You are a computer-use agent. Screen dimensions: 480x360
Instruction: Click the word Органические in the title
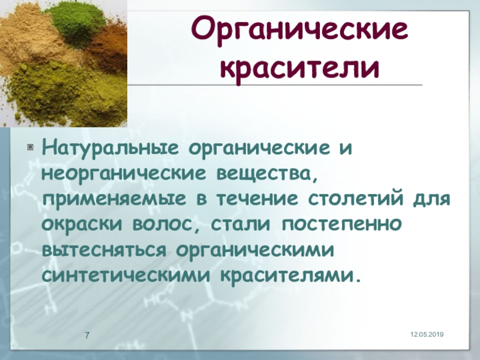point(299,31)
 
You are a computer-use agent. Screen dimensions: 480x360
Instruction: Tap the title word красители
point(300,68)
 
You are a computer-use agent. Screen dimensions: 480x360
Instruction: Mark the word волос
point(163,224)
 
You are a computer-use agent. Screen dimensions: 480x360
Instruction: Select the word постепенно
point(341,224)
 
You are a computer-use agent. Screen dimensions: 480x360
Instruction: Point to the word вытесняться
point(104,250)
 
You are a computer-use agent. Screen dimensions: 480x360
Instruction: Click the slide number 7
point(87,335)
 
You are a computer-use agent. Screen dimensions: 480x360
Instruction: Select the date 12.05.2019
point(427,335)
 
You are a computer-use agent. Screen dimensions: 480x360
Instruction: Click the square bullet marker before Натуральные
point(30,147)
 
